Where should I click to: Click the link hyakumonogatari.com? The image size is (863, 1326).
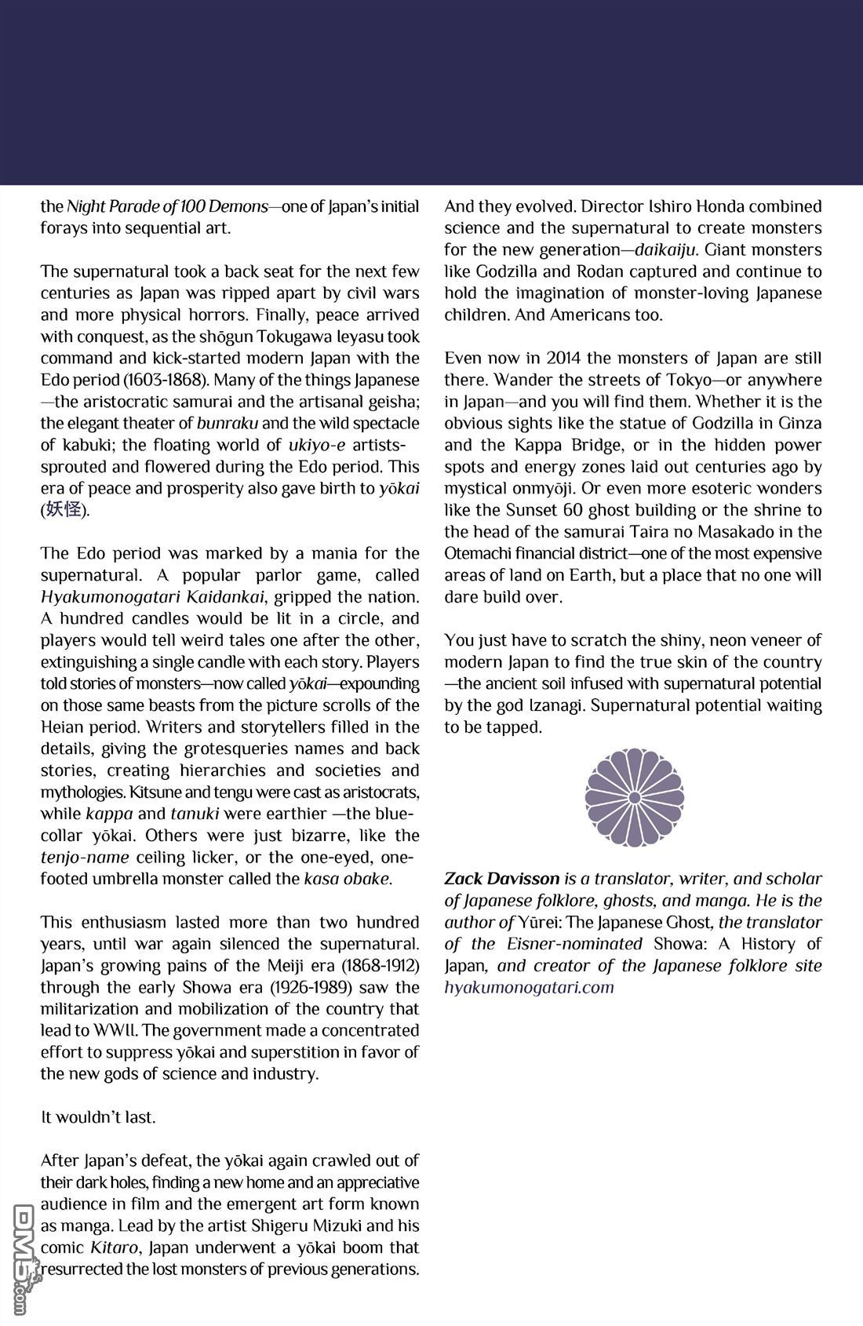pyautogui.click(x=529, y=987)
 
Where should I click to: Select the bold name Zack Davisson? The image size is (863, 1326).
pyautogui.click(x=501, y=879)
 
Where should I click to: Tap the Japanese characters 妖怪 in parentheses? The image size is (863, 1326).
pyautogui.click(x=64, y=510)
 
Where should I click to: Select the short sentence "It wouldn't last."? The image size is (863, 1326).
pyautogui.click(x=98, y=1117)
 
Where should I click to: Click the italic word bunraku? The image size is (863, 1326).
pyautogui.click(x=228, y=424)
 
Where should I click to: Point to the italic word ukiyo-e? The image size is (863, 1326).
pyautogui.click(x=322, y=446)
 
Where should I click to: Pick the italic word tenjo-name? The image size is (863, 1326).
pyautogui.click(x=84, y=858)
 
